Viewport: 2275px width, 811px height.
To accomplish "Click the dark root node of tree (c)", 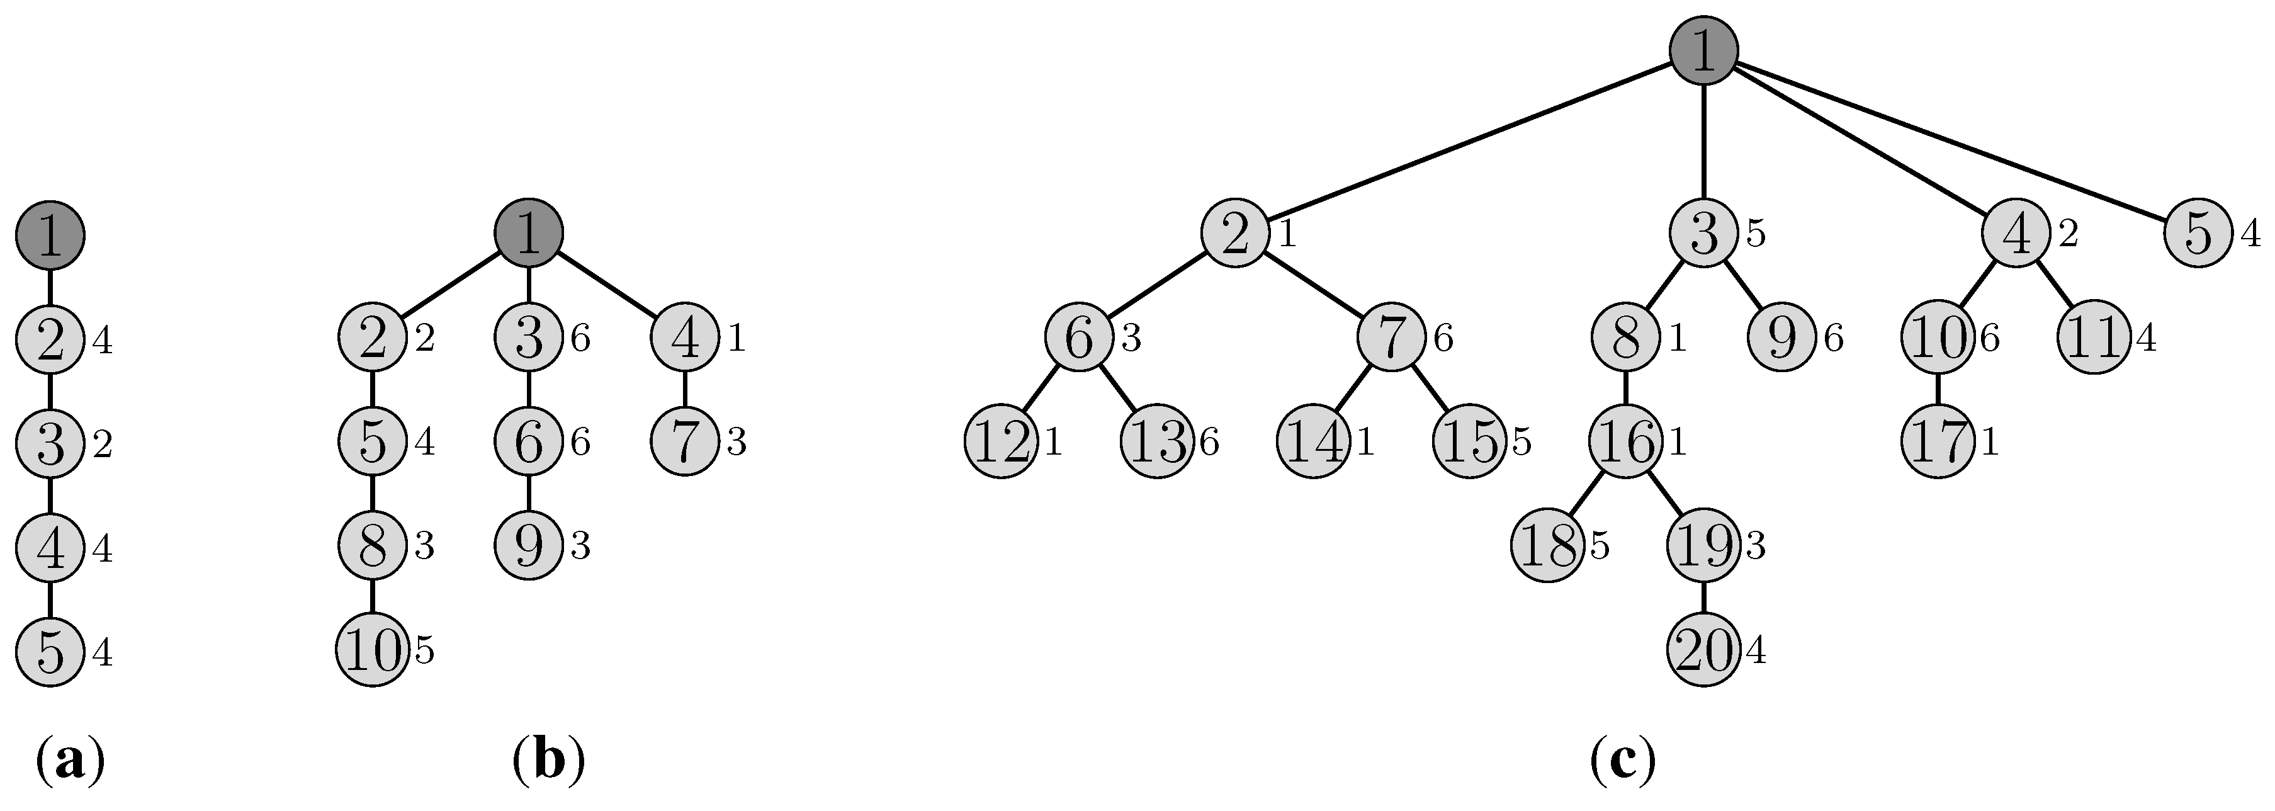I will pyautogui.click(x=1703, y=51).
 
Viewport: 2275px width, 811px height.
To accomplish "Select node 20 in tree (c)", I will pyautogui.click(x=1703, y=651).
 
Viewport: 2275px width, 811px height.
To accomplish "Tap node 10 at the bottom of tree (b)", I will pyautogui.click(x=373, y=651).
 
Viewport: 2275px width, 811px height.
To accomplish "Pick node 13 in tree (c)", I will pyautogui.click(x=1158, y=442).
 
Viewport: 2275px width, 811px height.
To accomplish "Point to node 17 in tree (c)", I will pyautogui.click(x=1938, y=442).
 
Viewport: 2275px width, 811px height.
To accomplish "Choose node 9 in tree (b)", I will pyautogui.click(x=528, y=547).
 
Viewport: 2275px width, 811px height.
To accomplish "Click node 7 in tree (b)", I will pyautogui.click(x=686, y=442).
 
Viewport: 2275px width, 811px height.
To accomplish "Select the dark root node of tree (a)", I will pyautogui.click(x=50, y=235).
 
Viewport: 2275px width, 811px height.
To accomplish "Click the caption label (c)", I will pyautogui.click(x=1623, y=760).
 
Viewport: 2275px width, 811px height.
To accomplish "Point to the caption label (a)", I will pyautogui.click(x=71, y=760).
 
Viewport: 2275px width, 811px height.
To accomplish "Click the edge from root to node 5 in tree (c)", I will pyautogui.click(x=1952, y=141).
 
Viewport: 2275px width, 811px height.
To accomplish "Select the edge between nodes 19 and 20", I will pyautogui.click(x=1703, y=599).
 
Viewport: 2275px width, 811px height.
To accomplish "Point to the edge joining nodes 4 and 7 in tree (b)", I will pyautogui.click(x=686, y=390).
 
